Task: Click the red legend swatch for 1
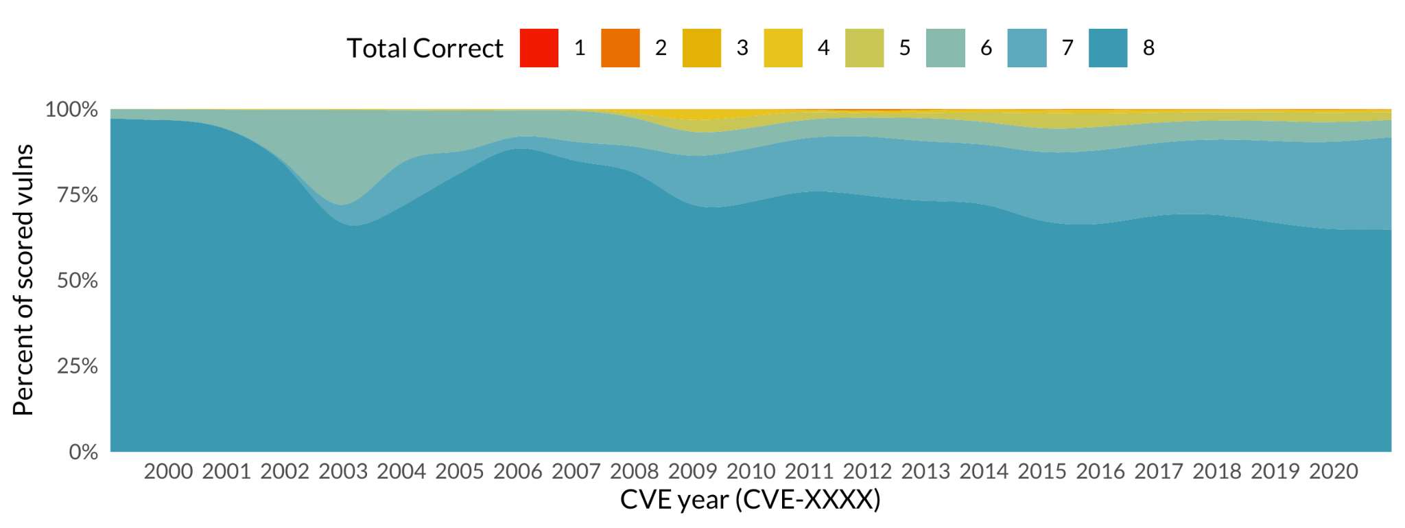[539, 48]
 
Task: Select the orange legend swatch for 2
[620, 48]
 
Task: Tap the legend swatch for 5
[864, 48]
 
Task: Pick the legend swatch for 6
[945, 48]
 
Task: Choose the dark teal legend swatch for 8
[1108, 48]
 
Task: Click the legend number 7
[1067, 48]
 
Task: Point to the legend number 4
[823, 48]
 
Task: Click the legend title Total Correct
[425, 49]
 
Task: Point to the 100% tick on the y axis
[71, 110]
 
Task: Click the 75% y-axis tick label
[77, 196]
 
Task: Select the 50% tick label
[77, 281]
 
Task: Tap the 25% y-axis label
[77, 367]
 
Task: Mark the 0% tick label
[83, 452]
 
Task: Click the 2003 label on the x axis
[343, 472]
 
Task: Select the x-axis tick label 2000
[168, 472]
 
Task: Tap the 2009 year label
[692, 472]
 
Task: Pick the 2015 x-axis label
[1041, 472]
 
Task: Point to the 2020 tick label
[1333, 472]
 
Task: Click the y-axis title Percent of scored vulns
[23, 280]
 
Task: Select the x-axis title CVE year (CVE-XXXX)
[750, 500]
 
